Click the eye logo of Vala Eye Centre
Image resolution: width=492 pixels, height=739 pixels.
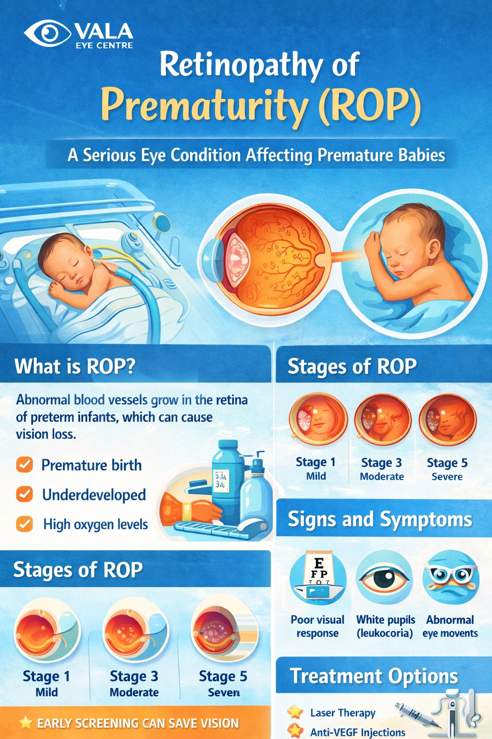48,33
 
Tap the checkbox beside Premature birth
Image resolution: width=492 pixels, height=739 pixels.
25,465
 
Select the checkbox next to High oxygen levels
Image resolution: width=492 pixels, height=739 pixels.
25,524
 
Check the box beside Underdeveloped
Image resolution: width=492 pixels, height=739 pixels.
25,494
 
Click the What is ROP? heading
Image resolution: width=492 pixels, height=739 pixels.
75,366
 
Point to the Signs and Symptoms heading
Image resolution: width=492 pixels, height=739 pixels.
380,519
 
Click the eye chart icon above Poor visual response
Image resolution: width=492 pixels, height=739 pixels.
318,577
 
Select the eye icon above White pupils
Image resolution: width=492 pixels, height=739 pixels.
384,577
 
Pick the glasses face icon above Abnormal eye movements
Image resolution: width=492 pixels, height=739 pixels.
451,577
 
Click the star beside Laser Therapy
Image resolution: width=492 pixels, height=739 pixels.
295,712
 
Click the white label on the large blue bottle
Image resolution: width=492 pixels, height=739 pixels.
221,481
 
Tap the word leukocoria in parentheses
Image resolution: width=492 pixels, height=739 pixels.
384,633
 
